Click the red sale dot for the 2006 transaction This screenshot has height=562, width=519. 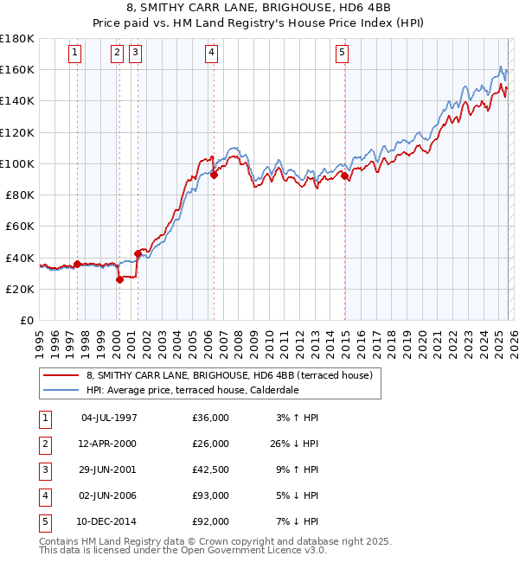click(x=214, y=175)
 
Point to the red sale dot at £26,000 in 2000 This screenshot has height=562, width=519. click(x=120, y=279)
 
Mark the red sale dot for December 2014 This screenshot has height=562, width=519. click(x=344, y=176)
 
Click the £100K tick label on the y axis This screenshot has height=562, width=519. click(x=17, y=163)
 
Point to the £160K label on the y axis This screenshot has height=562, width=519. click(x=17, y=69)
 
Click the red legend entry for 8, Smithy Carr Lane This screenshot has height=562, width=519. click(x=229, y=375)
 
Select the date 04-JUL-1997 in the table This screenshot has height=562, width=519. click(x=109, y=418)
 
